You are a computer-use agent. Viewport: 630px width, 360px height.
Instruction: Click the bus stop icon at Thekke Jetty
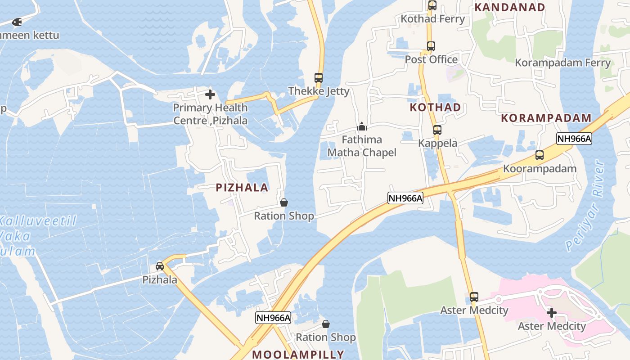coord(319,77)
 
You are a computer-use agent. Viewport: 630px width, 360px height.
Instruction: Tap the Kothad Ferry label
coord(432,19)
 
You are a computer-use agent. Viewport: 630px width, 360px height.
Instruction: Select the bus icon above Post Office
coord(431,46)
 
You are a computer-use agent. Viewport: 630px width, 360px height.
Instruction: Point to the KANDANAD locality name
coord(510,7)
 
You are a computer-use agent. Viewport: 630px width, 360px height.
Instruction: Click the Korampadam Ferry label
coord(562,63)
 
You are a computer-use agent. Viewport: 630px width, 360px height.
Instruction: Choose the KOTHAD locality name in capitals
coord(435,107)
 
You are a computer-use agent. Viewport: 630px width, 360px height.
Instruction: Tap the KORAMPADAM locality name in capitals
coord(546,118)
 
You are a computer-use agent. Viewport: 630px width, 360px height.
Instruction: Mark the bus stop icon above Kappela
coord(437,130)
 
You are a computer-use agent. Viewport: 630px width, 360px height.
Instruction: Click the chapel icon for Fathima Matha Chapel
coord(362,126)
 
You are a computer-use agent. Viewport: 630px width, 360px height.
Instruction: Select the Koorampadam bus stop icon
coord(540,156)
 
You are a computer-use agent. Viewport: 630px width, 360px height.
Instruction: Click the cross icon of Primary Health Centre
coord(210,94)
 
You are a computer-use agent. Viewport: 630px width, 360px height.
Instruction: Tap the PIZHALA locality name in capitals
coord(242,188)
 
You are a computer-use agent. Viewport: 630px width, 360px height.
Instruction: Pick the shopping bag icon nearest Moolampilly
coord(326,324)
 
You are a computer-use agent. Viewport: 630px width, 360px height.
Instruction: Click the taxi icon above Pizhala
coord(160,266)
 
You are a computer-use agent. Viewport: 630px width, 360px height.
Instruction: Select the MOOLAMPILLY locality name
coord(298,354)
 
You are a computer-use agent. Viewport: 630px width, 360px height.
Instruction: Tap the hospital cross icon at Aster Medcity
coord(552,313)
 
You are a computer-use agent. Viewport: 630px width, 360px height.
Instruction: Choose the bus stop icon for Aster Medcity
coord(474,297)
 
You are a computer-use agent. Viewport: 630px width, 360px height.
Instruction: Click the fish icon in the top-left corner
coord(17,21)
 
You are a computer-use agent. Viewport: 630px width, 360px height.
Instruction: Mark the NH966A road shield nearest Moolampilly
coord(273,318)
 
